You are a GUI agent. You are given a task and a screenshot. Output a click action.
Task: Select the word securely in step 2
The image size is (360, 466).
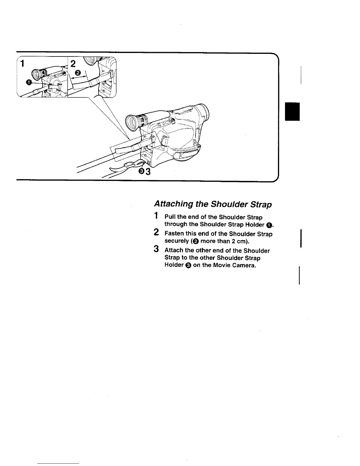[x=176, y=241]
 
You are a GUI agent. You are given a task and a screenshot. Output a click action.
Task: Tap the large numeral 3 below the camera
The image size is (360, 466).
[x=148, y=171]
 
